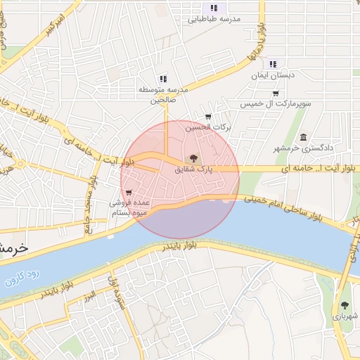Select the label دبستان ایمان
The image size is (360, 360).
tap(273, 75)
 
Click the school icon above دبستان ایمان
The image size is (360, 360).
tap(273, 64)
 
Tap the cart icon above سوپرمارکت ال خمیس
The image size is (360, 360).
tap(276, 93)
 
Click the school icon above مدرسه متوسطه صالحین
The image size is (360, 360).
tap(163, 79)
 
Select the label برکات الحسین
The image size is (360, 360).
tap(208, 128)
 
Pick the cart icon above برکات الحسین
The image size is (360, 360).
tap(208, 117)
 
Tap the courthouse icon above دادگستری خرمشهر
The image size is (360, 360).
tap(303, 137)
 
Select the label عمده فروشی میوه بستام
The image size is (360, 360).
tap(128, 206)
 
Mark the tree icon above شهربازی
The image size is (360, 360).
tap(345, 306)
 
